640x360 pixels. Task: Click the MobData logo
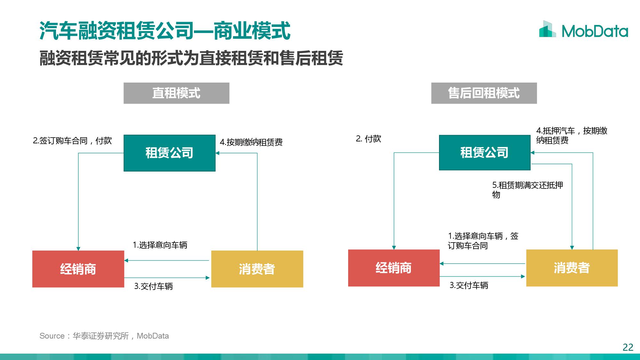click(583, 29)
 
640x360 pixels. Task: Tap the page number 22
click(628, 347)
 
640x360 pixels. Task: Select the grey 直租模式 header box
click(176, 93)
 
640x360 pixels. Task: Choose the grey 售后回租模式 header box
click(484, 93)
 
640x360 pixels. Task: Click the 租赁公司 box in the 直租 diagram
click(169, 153)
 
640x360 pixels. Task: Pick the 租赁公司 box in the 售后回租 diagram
click(484, 152)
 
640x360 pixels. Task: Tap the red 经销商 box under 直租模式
click(78, 269)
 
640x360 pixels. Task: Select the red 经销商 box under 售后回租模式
click(394, 268)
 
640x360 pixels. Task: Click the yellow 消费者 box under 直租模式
click(257, 269)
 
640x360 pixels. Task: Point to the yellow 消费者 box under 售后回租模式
click(572, 268)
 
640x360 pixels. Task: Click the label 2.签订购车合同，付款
click(72, 140)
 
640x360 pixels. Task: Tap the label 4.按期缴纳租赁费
click(251, 142)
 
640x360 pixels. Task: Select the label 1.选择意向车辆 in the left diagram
click(160, 245)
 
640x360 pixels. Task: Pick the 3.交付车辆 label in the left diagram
click(153, 286)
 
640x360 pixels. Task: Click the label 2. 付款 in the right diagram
click(368, 139)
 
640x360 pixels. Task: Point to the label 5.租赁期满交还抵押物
click(527, 190)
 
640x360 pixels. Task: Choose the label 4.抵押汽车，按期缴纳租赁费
click(572, 135)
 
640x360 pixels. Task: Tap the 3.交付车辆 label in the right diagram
click(469, 285)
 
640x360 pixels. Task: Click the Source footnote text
click(104, 336)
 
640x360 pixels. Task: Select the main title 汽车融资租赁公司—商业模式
click(165, 31)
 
